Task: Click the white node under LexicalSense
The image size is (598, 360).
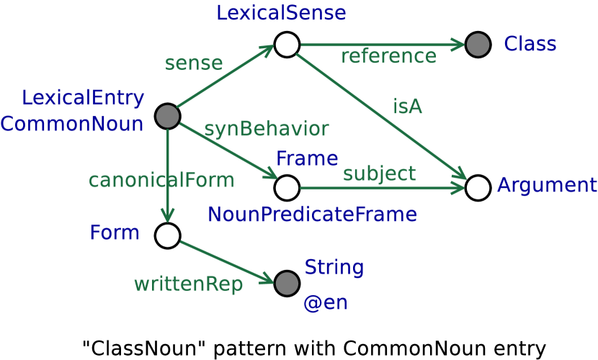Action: click(x=287, y=45)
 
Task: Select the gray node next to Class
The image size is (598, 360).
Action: click(x=478, y=45)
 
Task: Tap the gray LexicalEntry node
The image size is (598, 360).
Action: click(x=167, y=117)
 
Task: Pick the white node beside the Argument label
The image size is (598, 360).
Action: click(x=478, y=188)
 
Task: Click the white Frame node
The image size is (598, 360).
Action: click(x=287, y=188)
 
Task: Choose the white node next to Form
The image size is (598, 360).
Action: click(x=167, y=235)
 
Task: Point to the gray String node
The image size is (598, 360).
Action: click(x=287, y=284)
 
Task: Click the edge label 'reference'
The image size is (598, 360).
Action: click(x=388, y=56)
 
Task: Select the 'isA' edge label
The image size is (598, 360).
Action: click(x=407, y=107)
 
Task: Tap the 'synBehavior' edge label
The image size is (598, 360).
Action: click(x=266, y=130)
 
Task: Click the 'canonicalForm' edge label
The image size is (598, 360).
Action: click(x=161, y=180)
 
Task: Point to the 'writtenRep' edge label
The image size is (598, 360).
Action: click(x=188, y=284)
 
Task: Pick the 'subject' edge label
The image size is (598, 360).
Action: click(x=379, y=174)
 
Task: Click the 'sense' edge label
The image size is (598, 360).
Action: click(x=193, y=63)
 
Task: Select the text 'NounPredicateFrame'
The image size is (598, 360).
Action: click(x=312, y=214)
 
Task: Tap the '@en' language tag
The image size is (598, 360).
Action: click(x=325, y=303)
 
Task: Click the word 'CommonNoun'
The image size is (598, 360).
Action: click(x=72, y=124)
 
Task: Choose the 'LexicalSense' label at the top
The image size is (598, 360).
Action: click(x=281, y=12)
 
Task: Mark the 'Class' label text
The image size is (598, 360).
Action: click(x=530, y=45)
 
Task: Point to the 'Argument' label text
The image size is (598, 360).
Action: click(x=547, y=186)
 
